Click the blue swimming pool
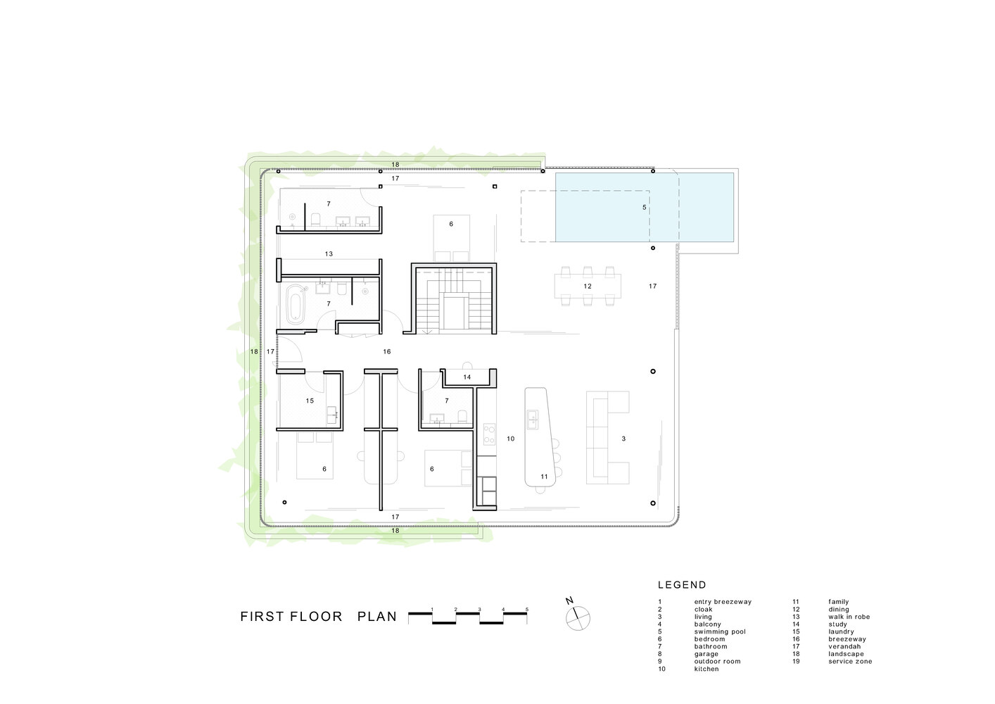644,207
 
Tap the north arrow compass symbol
578,618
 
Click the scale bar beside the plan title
468,617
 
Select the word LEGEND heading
682,585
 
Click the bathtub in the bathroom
294,303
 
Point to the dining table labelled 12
588,287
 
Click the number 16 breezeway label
387,351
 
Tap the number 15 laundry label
310,401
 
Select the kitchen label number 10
511,439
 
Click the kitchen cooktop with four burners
489,434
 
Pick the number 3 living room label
623,439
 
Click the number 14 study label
467,377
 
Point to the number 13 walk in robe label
329,253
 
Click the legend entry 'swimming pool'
720,631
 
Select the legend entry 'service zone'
850,661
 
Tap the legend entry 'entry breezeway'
723,602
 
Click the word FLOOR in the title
316,617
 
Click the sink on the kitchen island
532,418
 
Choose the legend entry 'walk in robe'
849,617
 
